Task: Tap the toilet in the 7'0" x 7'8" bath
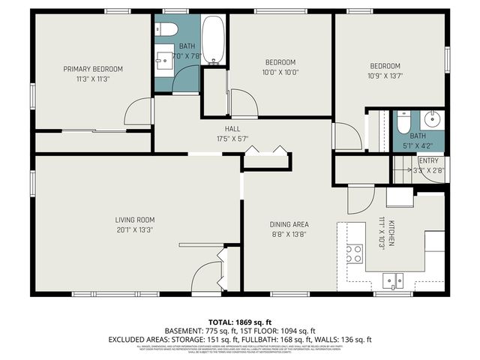click(168, 30)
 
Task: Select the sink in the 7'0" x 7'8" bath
click(163, 60)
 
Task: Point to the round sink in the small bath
click(431, 119)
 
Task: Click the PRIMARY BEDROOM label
click(92, 69)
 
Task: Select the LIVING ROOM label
click(135, 220)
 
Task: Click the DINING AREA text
click(289, 224)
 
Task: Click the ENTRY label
click(428, 161)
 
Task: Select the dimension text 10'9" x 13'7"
click(384, 75)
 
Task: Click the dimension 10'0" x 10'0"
click(280, 72)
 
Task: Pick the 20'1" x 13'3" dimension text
click(135, 229)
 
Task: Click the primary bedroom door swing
click(138, 113)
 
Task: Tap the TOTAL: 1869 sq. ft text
click(240, 320)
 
